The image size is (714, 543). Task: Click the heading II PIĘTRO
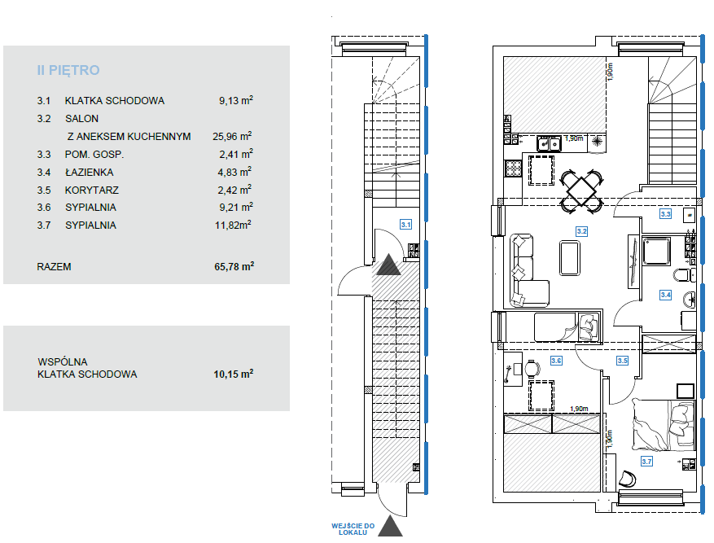point(68,70)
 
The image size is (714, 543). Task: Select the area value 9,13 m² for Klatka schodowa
point(235,100)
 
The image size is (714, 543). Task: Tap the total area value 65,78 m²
point(234,266)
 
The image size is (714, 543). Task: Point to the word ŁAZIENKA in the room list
point(90,173)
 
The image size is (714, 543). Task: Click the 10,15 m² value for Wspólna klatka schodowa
point(233,374)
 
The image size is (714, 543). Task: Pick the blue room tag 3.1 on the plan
point(405,225)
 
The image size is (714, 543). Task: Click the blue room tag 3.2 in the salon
point(581,231)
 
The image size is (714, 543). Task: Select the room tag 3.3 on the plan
point(665,214)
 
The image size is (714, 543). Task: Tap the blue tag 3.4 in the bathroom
point(665,295)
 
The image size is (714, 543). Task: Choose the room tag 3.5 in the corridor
point(622,361)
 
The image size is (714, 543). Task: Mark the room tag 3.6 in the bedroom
point(556,361)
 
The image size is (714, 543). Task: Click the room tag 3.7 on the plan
point(646,462)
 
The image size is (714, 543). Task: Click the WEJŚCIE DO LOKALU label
point(353,529)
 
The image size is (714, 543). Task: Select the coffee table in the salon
point(570,258)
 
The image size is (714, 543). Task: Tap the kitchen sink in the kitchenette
point(549,144)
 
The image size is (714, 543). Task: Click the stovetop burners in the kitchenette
point(513,169)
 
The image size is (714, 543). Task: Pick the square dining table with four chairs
point(581,191)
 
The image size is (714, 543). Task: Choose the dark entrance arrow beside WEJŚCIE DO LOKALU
point(390,526)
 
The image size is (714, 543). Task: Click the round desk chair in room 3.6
point(531,369)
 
